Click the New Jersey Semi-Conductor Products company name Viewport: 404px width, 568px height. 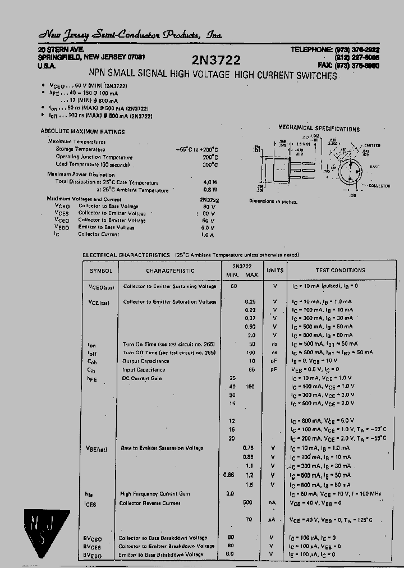130,35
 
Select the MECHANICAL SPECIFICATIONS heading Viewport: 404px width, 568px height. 319,129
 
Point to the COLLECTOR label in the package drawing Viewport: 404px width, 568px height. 379,185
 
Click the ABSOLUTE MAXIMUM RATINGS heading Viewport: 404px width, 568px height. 82,131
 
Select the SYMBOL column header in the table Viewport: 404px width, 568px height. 100,271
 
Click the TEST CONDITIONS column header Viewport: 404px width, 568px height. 340,270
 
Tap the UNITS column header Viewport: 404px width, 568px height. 275,270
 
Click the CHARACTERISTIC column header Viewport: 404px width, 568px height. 170,271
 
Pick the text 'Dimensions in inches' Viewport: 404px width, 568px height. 273,201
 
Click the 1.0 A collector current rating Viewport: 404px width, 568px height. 208,235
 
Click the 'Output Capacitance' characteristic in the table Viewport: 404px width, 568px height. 145,361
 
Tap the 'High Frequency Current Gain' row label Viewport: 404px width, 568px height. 155,494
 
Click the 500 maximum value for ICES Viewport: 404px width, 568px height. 248,503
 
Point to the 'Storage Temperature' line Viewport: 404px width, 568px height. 80,149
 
